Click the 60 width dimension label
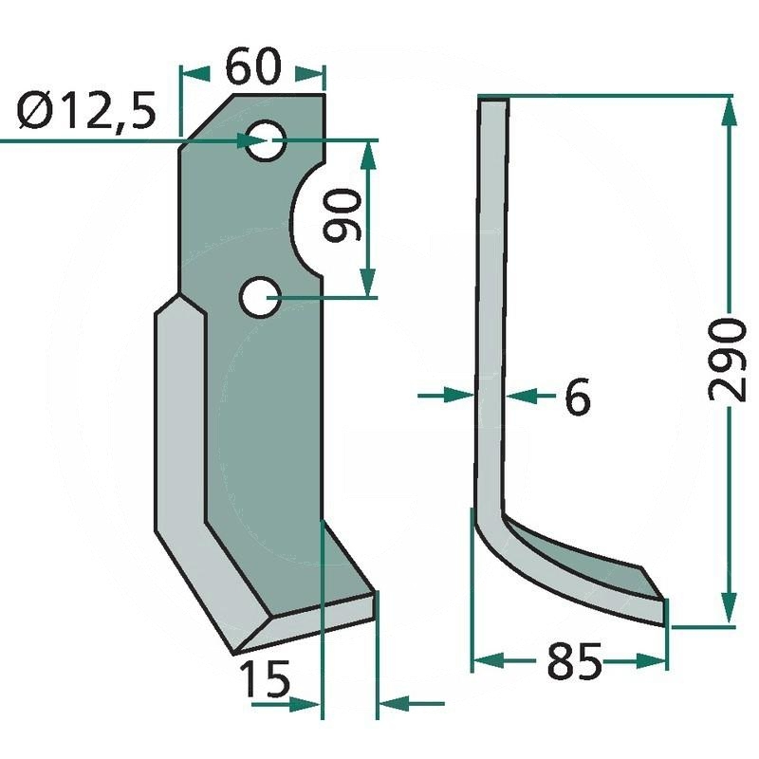click(252, 66)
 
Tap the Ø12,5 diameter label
click(86, 111)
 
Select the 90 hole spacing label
click(342, 215)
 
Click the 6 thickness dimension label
click(578, 396)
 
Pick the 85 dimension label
click(574, 660)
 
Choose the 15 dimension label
click(266, 678)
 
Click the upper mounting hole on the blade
click(266, 140)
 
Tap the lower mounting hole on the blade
click(260, 297)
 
